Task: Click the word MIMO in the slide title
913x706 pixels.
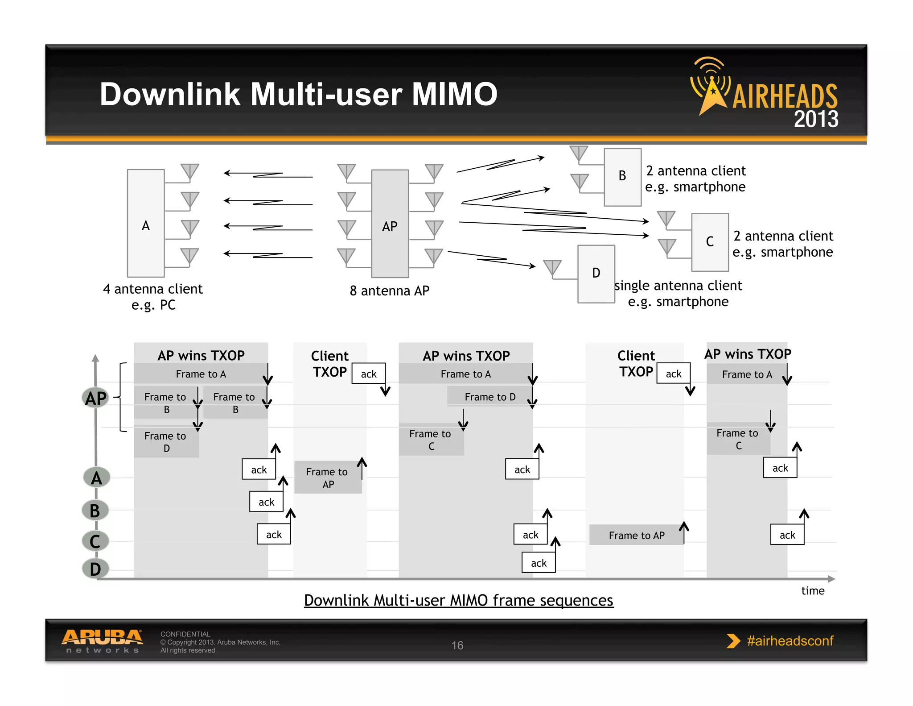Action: [454, 94]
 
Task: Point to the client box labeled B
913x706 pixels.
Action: [622, 177]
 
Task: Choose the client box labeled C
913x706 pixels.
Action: [710, 242]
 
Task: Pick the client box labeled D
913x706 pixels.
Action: [596, 274]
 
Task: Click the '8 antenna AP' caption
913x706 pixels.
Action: [390, 291]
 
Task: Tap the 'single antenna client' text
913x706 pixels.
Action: [678, 286]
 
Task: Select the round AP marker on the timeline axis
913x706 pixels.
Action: [96, 398]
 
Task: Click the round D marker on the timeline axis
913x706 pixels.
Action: [95, 569]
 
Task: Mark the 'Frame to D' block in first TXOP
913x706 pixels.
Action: [166, 442]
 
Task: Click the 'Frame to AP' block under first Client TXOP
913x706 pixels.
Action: [328, 478]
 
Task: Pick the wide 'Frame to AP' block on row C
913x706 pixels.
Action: [636, 535]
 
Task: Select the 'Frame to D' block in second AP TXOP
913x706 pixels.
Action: [489, 397]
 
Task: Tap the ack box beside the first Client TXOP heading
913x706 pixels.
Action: [369, 374]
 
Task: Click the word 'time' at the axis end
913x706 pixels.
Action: [813, 591]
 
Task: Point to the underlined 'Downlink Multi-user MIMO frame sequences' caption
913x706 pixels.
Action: [459, 601]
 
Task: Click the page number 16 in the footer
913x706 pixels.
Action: [457, 645]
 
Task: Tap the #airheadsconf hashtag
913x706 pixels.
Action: [790, 641]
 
